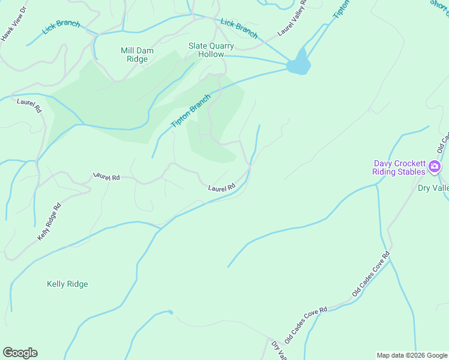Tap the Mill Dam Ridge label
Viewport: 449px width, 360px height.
click(x=137, y=55)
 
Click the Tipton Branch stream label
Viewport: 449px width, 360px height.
click(x=191, y=111)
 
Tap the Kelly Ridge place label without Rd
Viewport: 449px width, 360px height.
click(x=67, y=284)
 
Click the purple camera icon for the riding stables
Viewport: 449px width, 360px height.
click(x=435, y=167)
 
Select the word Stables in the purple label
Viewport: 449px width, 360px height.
click(x=411, y=172)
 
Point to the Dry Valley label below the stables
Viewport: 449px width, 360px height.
click(x=433, y=188)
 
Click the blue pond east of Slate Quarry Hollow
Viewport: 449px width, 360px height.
click(x=298, y=64)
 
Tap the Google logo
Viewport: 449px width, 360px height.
click(x=20, y=353)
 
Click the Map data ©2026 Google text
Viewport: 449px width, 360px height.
click(x=412, y=355)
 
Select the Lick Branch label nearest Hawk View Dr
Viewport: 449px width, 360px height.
click(x=61, y=28)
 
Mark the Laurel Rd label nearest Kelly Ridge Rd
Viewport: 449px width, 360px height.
click(x=106, y=177)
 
